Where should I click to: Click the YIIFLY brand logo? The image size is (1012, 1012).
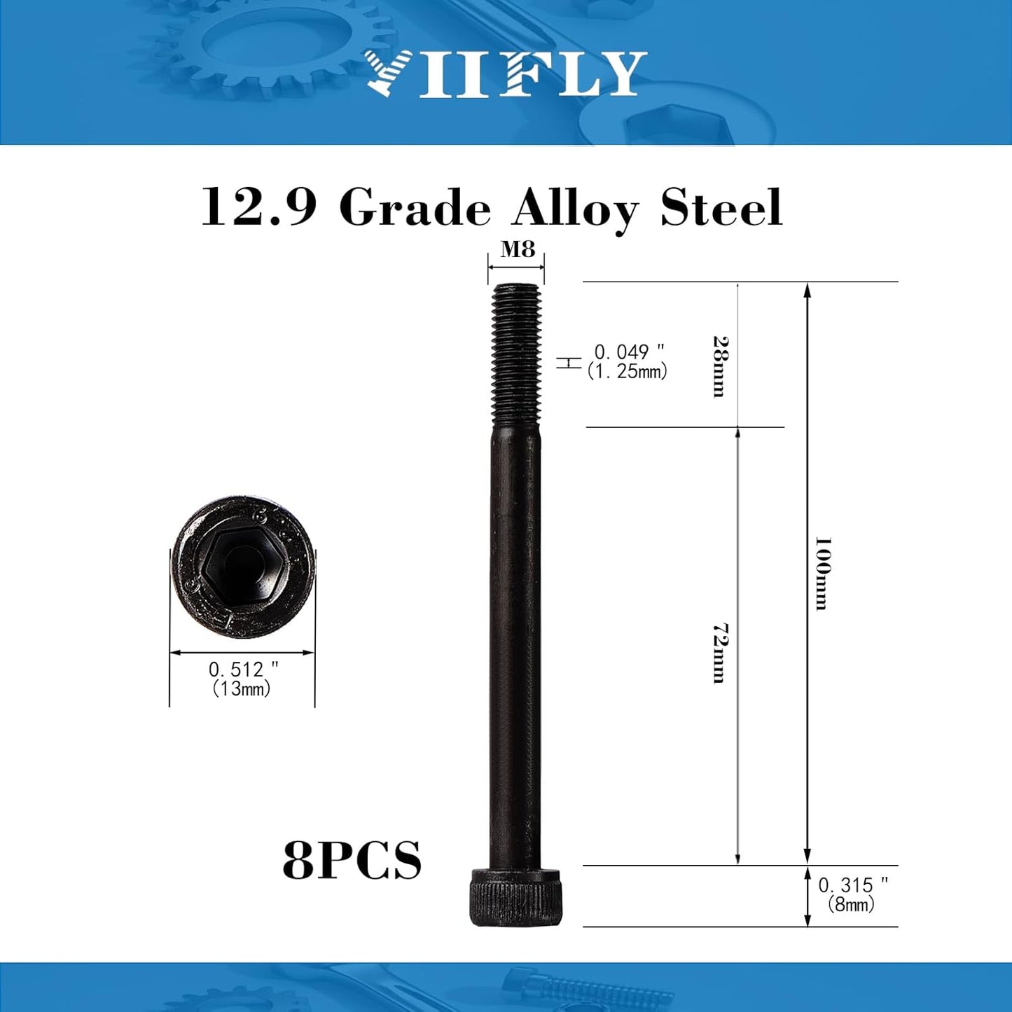pyautogui.click(x=505, y=74)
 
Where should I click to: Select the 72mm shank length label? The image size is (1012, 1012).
pyautogui.click(x=719, y=653)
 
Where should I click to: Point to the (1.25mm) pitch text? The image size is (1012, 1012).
pyautogui.click(x=627, y=372)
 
